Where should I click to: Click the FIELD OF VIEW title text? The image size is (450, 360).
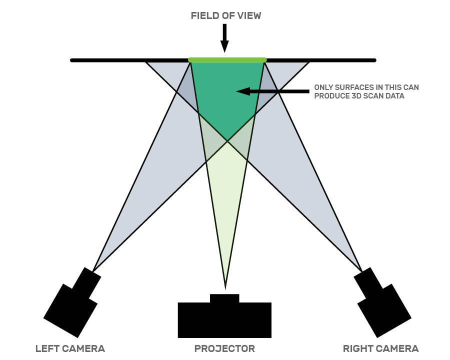(x=226, y=15)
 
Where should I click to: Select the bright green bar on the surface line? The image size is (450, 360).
(x=227, y=60)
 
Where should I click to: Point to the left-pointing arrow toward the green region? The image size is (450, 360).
(x=272, y=91)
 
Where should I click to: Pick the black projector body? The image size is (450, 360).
(x=224, y=320)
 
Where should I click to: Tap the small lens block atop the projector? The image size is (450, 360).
(x=224, y=298)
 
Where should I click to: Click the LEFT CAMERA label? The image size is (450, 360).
(x=70, y=348)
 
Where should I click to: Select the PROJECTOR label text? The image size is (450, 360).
(x=224, y=348)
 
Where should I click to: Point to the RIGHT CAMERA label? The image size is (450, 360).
(x=380, y=348)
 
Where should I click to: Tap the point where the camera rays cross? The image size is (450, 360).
(x=227, y=141)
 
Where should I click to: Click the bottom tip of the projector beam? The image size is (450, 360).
(x=225, y=288)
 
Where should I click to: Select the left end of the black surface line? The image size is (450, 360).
(x=73, y=60)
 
